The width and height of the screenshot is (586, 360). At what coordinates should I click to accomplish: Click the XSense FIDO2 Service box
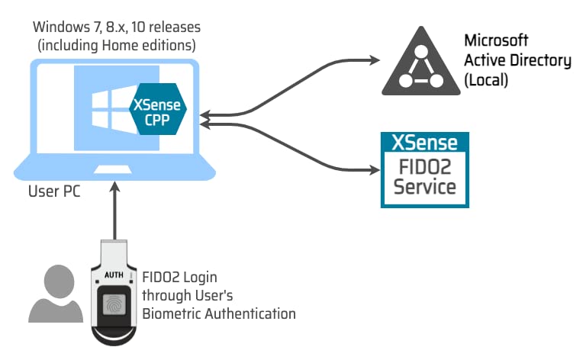[x=425, y=169]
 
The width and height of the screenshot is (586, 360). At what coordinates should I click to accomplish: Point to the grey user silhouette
[x=56, y=294]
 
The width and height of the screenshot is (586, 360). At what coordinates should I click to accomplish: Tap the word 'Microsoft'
[x=496, y=40]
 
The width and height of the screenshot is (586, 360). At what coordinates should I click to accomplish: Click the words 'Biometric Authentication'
[x=219, y=313]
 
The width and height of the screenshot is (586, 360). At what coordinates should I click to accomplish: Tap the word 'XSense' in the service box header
[x=425, y=143]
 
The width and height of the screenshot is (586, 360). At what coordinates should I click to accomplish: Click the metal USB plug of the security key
[x=115, y=252]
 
